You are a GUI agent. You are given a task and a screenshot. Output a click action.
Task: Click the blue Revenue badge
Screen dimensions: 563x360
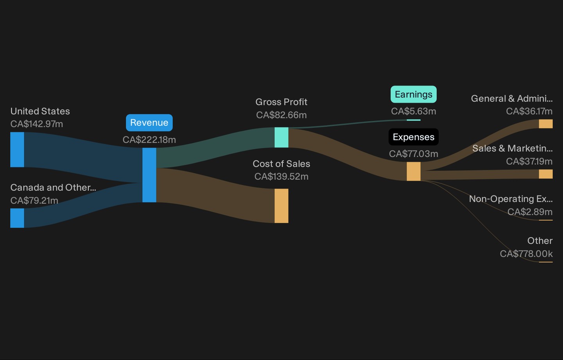click(149, 122)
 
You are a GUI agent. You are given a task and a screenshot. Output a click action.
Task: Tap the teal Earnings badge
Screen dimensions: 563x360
click(414, 94)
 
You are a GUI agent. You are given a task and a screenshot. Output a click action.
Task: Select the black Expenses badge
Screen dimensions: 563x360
click(414, 137)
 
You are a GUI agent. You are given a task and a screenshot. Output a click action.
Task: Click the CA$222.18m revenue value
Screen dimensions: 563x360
click(149, 140)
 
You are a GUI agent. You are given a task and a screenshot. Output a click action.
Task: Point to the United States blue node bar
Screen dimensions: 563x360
click(17, 149)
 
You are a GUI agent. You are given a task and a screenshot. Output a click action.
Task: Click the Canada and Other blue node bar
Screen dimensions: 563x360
click(17, 218)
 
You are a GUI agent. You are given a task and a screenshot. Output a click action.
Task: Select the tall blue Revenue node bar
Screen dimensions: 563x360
click(149, 175)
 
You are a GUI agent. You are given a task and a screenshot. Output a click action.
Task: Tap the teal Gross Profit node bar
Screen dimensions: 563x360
click(281, 137)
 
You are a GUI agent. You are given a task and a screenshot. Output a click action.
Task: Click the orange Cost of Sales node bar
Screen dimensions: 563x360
click(281, 206)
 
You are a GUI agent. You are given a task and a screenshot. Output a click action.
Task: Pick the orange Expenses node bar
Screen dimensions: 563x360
click(414, 171)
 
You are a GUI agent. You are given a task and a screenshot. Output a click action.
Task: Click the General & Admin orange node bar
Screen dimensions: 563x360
click(546, 124)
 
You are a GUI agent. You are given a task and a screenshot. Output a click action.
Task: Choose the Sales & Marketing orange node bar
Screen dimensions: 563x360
click(546, 174)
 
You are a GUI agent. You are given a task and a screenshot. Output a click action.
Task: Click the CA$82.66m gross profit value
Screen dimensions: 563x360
click(281, 115)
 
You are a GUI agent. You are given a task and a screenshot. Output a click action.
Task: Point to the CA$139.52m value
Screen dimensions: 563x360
click(281, 176)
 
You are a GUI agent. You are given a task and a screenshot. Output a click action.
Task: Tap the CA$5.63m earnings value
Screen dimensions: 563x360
click(414, 111)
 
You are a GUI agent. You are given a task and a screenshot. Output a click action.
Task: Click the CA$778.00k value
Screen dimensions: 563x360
click(526, 254)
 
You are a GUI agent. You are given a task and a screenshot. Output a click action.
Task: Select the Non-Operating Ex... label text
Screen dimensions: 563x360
click(511, 199)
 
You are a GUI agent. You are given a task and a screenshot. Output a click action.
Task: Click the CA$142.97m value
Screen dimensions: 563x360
click(37, 124)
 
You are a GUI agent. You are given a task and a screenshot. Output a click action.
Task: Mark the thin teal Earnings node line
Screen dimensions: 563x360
click(414, 120)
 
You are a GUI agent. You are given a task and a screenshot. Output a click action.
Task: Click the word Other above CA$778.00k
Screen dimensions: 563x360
click(540, 241)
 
